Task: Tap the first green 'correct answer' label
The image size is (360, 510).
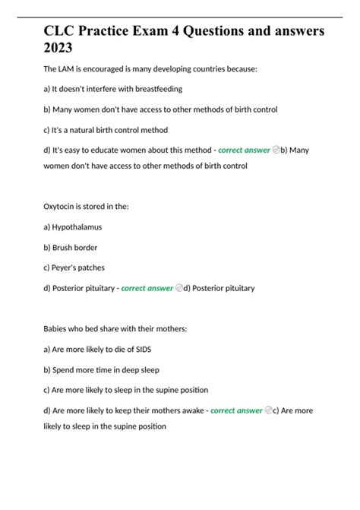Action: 244,150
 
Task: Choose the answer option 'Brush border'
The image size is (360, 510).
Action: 75,248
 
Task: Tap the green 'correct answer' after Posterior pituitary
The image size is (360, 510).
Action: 147,289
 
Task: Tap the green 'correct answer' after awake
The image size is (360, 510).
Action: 236,411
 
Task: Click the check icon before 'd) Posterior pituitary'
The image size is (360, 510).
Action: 178,289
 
